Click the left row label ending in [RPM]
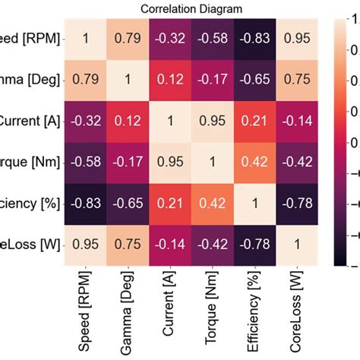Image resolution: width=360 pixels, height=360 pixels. (x=33, y=37)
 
